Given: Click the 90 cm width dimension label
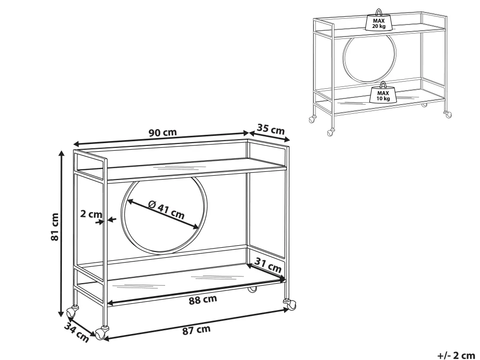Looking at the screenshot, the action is [x=163, y=132].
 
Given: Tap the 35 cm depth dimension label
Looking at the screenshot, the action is [x=271, y=129].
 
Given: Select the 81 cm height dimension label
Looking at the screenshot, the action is [x=55, y=227].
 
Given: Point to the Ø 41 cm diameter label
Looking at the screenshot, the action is [x=166, y=210].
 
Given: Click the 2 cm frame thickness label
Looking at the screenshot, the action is [x=91, y=214].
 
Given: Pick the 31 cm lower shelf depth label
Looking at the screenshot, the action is [x=268, y=265].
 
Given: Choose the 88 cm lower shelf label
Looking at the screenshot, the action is [x=203, y=300].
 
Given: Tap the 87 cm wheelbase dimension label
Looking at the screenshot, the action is [x=196, y=330].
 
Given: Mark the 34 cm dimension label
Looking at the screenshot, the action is [x=76, y=333].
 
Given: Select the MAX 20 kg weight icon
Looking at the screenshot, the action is [x=379, y=20].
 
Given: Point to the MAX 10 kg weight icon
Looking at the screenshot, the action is [x=383, y=93].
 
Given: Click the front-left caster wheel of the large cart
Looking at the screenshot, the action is [x=102, y=333].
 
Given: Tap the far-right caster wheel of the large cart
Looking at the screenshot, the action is [x=290, y=304].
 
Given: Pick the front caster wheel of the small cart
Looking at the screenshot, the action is [x=331, y=132].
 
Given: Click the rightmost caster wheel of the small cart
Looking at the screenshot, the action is [x=447, y=115].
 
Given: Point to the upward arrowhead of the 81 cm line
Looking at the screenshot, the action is [x=61, y=154].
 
